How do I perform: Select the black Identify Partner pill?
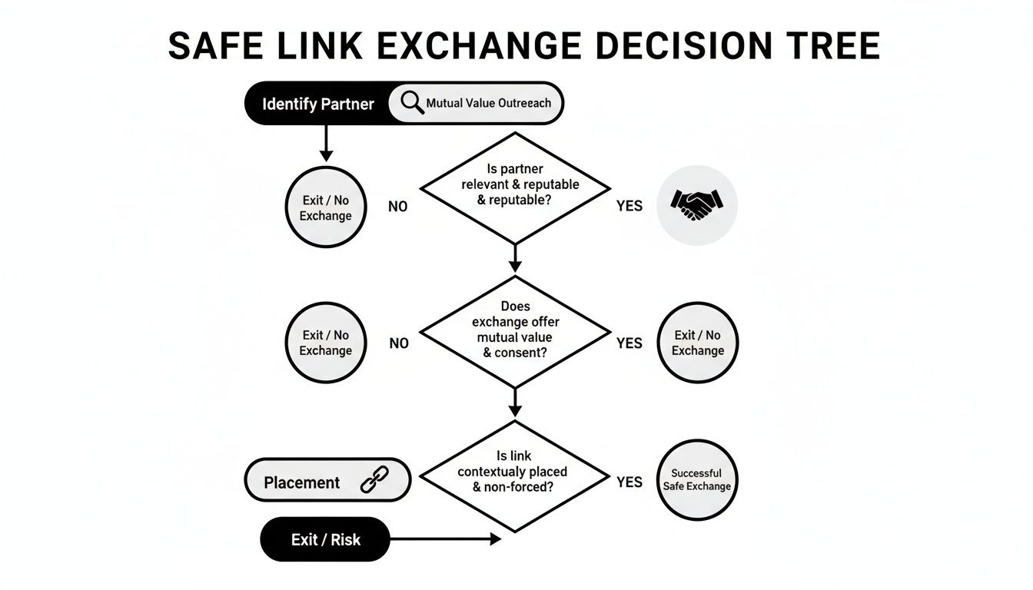(317, 104)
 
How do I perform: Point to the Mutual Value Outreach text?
(488, 103)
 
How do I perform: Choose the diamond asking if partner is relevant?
(515, 187)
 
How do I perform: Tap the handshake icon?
(696, 204)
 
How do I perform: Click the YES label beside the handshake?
(629, 207)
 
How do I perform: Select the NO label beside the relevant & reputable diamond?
(398, 207)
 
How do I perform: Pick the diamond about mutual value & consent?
(515, 331)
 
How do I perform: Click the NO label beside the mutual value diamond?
(399, 343)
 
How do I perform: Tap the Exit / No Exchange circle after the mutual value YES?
(698, 343)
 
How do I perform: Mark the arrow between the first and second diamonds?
(515, 258)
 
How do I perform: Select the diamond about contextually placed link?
(515, 476)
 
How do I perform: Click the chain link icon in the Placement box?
(376, 482)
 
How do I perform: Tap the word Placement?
(301, 482)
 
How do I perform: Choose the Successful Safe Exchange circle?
(697, 480)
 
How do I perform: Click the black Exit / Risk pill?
(325, 539)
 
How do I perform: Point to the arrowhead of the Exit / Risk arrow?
(495, 540)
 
